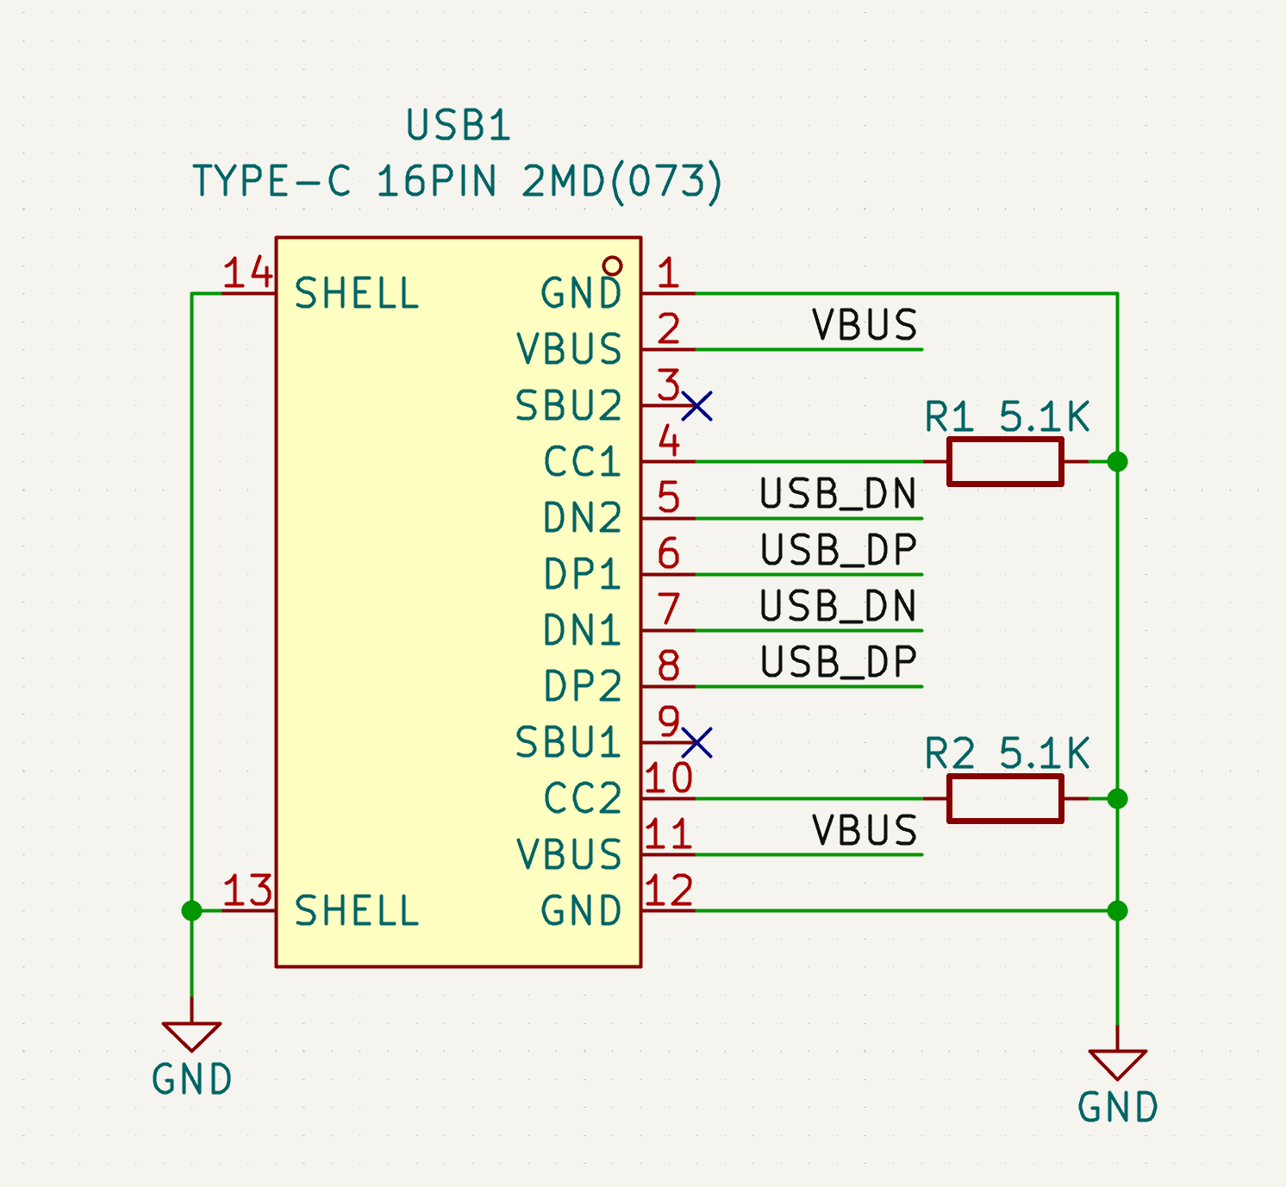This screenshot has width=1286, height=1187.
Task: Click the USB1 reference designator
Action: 459,125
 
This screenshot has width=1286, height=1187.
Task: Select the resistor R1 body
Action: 1005,462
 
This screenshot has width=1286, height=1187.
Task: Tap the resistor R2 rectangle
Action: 1005,799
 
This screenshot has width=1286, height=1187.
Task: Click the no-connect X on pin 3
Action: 696,406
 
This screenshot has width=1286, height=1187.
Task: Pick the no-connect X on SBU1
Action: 696,743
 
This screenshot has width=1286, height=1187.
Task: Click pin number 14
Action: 247,272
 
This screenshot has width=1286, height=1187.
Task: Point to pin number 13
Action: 247,890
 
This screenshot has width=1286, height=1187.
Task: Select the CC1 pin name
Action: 582,462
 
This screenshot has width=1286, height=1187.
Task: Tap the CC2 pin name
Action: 582,798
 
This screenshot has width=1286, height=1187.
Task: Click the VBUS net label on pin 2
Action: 865,325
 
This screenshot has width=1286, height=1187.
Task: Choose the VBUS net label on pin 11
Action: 865,830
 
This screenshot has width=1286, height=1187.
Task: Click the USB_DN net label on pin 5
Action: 838,494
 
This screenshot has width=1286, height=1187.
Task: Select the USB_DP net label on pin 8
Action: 838,662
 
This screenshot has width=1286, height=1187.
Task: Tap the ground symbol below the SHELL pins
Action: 191,1036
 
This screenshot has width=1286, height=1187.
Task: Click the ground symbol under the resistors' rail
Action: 1118,1065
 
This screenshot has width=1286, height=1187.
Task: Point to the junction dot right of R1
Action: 1118,462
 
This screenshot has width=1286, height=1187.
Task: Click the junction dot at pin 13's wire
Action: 191,911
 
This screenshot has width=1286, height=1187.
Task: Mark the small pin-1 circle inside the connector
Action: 612,266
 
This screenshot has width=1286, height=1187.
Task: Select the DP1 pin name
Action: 582,574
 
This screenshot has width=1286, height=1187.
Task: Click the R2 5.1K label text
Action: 1007,753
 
